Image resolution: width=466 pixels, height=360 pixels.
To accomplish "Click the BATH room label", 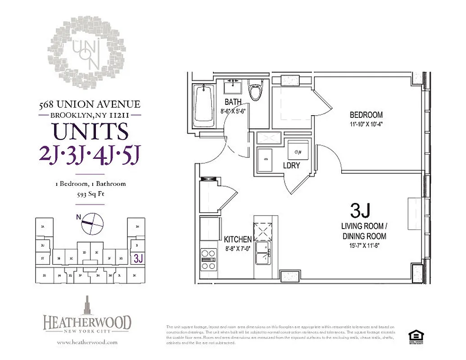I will click(234, 102).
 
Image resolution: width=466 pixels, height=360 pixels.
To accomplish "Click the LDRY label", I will click(291, 166).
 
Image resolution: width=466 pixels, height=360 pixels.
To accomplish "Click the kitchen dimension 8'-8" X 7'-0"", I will click(237, 248).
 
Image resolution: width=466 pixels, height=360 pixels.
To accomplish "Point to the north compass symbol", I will click(92, 223).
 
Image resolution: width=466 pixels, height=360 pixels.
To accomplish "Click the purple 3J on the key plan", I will click(138, 258).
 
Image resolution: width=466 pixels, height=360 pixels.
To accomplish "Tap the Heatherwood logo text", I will click(87, 323).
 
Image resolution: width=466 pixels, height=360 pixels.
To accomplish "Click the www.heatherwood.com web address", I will click(87, 342).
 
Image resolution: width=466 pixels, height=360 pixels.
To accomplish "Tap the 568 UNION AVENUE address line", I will click(90, 104).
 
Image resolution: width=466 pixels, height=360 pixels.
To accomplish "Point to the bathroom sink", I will click(234, 85).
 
